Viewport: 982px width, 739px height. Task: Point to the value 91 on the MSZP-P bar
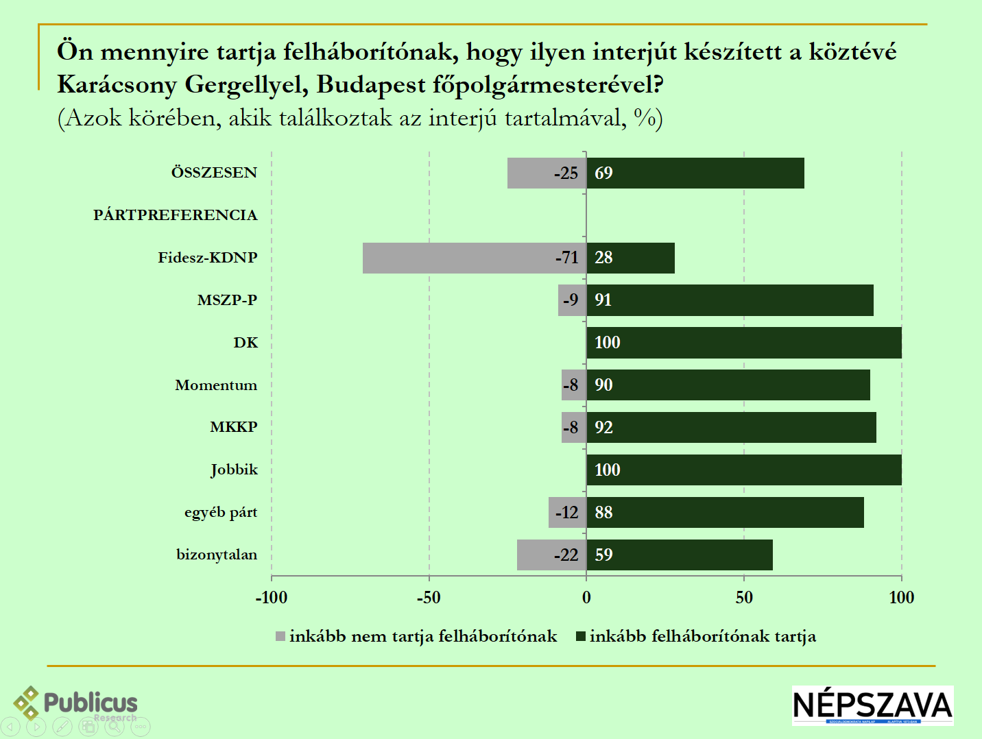click(x=603, y=300)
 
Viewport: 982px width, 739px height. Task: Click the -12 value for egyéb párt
click(x=567, y=513)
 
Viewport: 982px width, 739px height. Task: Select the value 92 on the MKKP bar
click(x=603, y=428)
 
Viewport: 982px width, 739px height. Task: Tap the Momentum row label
click(x=216, y=385)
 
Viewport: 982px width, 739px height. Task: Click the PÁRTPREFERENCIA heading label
click(x=176, y=215)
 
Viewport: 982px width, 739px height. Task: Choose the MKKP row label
click(x=234, y=427)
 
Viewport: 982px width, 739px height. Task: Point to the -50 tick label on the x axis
click(x=429, y=598)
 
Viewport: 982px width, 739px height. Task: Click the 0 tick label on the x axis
click(x=586, y=598)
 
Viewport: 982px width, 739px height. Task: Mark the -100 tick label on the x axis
click(x=272, y=598)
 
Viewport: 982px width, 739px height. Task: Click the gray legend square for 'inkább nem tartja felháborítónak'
click(x=280, y=637)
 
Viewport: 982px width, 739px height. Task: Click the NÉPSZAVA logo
click(x=873, y=705)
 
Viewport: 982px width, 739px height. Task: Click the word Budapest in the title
click(x=371, y=84)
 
